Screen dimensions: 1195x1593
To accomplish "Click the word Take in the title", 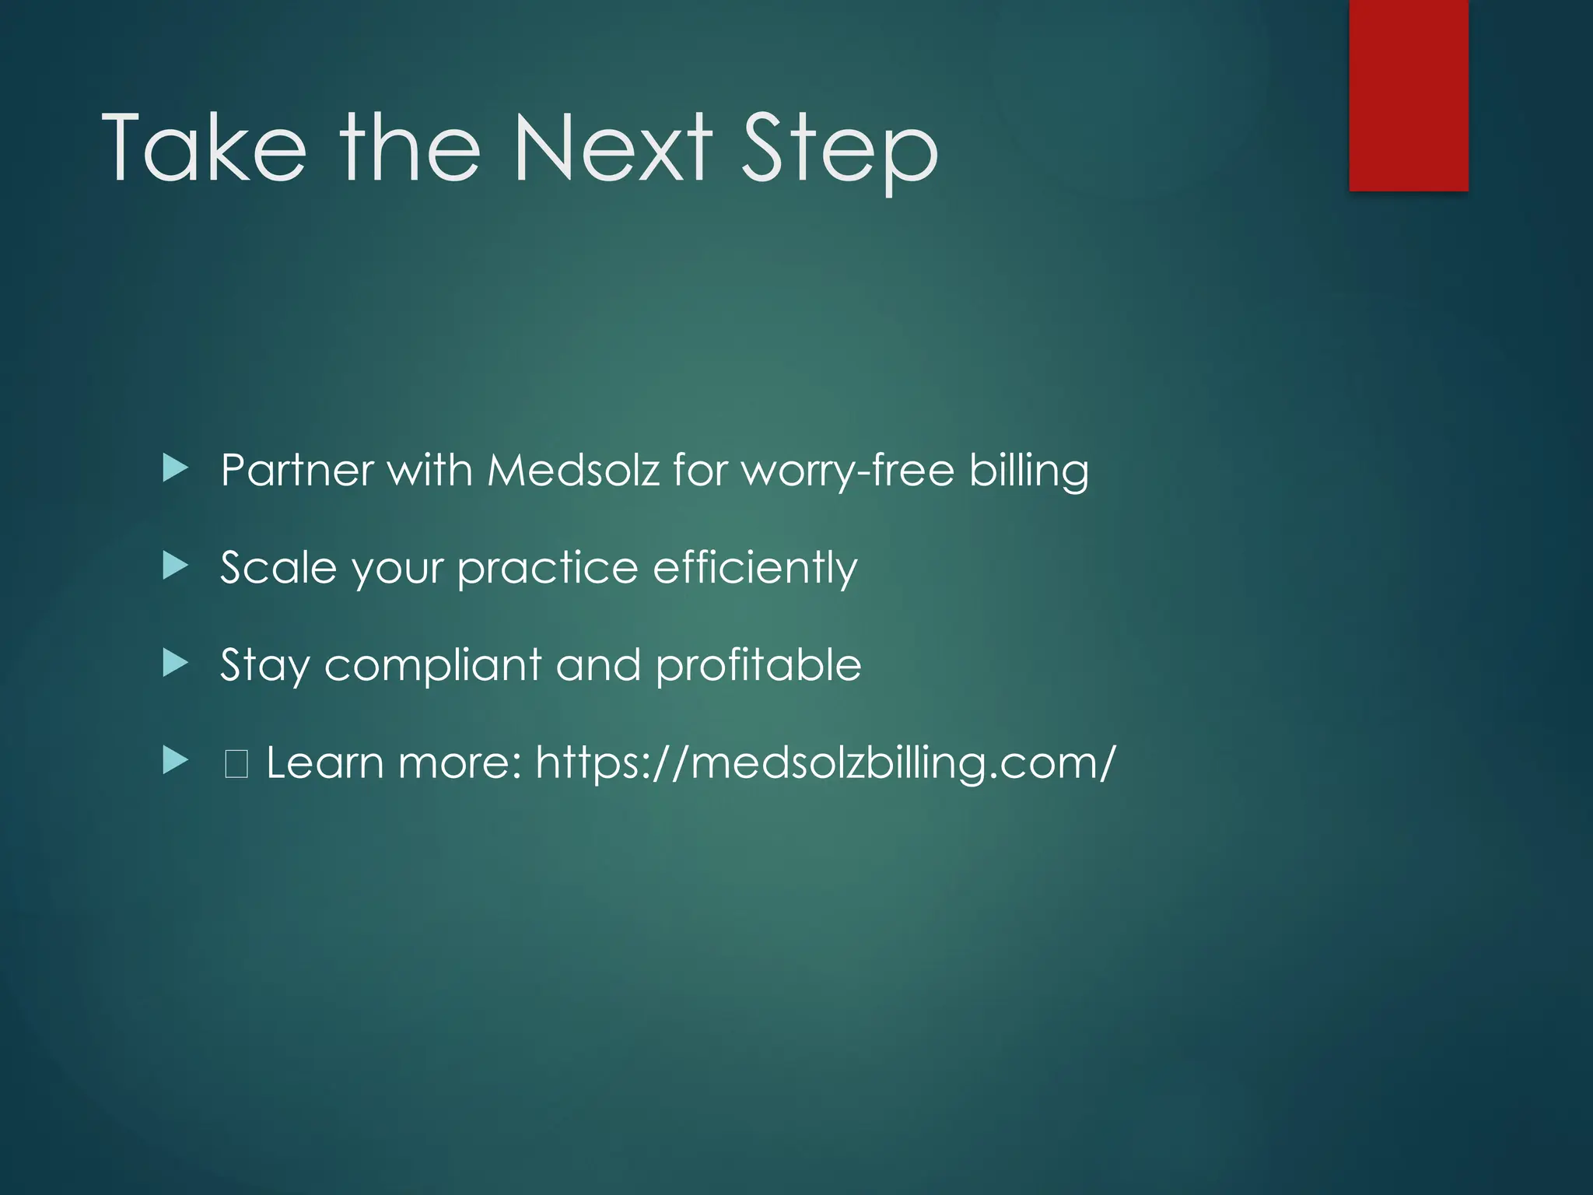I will point(204,148).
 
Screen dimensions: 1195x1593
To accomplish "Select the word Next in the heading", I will point(612,148).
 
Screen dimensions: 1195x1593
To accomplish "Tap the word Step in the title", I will point(839,149).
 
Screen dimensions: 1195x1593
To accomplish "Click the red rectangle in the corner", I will point(1408,95).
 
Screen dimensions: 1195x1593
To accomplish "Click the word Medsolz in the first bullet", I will point(573,471).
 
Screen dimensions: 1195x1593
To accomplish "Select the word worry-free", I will point(848,472).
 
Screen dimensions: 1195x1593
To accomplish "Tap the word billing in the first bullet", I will point(1028,472).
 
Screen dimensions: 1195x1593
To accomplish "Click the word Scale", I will point(278,568).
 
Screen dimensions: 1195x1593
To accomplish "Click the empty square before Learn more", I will point(236,764).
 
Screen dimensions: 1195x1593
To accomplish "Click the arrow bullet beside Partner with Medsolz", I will point(176,468).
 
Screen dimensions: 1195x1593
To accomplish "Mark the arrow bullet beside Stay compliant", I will point(176,664).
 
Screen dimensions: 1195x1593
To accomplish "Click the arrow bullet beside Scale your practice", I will point(176,566).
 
